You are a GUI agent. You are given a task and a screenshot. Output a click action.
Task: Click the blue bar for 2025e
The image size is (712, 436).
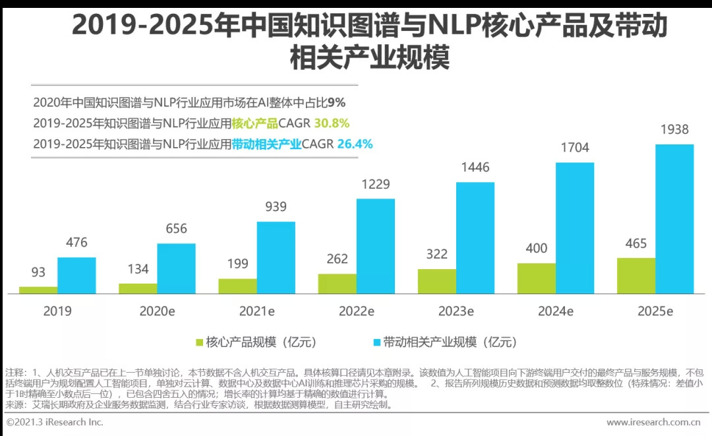tap(674, 218)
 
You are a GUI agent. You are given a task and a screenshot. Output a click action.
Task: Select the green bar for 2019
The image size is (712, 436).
tap(38, 290)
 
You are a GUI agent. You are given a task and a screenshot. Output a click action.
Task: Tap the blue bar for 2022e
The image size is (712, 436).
tap(376, 246)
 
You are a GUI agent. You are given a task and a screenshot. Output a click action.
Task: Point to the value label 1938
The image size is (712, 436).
tap(674, 130)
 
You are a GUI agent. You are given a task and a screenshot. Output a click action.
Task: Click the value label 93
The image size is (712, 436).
tap(38, 272)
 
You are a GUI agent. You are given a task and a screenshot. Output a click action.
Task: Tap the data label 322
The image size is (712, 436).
tap(436, 254)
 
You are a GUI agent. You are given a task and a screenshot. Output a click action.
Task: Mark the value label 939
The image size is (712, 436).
tap(276, 207)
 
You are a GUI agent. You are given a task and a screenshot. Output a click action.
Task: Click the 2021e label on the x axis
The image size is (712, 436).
tap(256, 311)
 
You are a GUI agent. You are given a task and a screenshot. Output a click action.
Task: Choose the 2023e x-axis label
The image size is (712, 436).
tap(456, 311)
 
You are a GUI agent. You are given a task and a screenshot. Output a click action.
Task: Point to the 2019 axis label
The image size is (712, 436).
tap(57, 311)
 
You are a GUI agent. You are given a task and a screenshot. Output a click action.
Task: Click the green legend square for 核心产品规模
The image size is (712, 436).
tap(199, 342)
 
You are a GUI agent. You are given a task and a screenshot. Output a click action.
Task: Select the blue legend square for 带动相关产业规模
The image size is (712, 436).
tap(376, 342)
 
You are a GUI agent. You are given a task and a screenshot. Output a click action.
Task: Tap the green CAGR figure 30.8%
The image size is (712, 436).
tap(332, 123)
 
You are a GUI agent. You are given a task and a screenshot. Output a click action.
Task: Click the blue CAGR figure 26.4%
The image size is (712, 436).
tap(355, 143)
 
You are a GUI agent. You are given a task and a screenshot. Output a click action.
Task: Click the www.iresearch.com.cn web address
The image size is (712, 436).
tap(653, 422)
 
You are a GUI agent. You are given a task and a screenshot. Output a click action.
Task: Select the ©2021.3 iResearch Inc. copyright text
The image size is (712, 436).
tap(55, 422)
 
